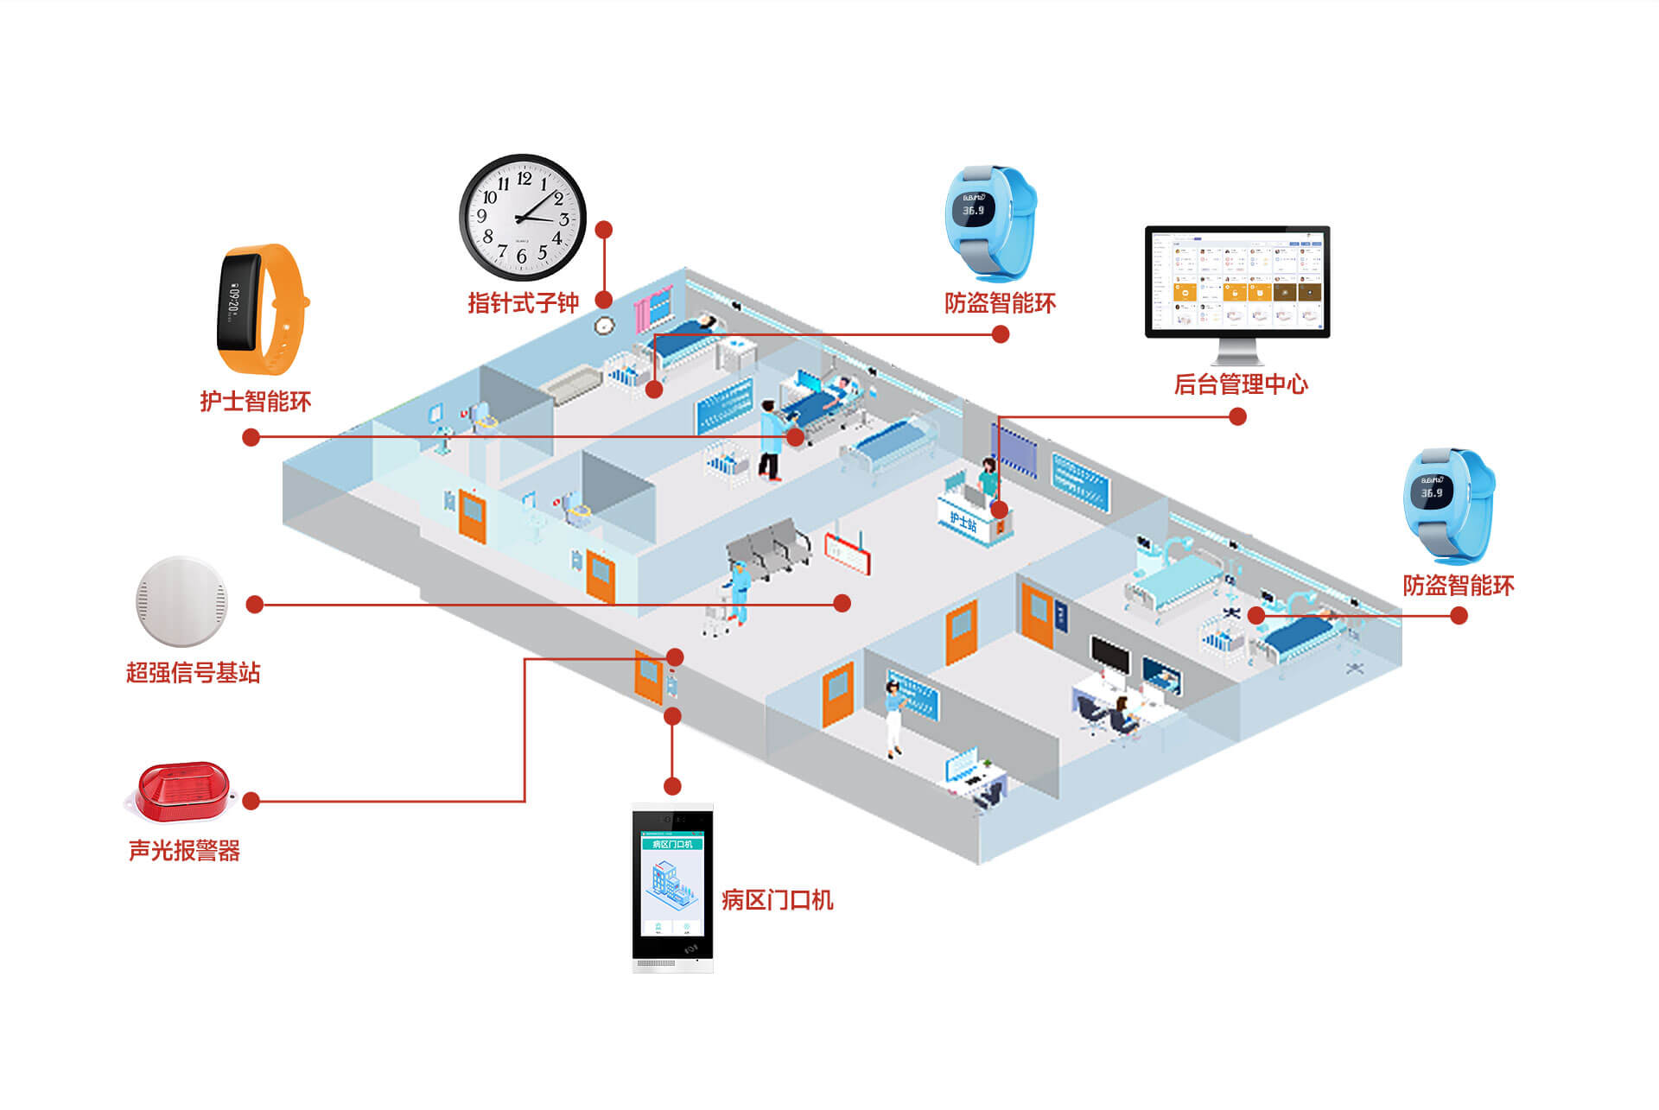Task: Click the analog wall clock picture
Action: click(522, 217)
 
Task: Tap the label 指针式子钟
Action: click(523, 303)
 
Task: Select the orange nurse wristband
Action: click(260, 308)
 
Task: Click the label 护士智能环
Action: click(255, 402)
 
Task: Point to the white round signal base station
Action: click(181, 601)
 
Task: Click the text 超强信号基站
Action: click(193, 673)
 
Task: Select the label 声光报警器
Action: click(184, 851)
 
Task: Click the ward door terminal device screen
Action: click(672, 885)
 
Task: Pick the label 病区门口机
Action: click(777, 900)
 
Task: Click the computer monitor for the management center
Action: click(1237, 282)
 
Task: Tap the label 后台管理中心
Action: click(1240, 384)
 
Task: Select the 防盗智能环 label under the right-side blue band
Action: click(1458, 586)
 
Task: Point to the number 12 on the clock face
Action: click(524, 179)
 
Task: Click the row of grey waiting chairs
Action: click(769, 548)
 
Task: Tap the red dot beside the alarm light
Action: click(251, 802)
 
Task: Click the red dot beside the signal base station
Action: click(254, 605)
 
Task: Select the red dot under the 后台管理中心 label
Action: click(1237, 417)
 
